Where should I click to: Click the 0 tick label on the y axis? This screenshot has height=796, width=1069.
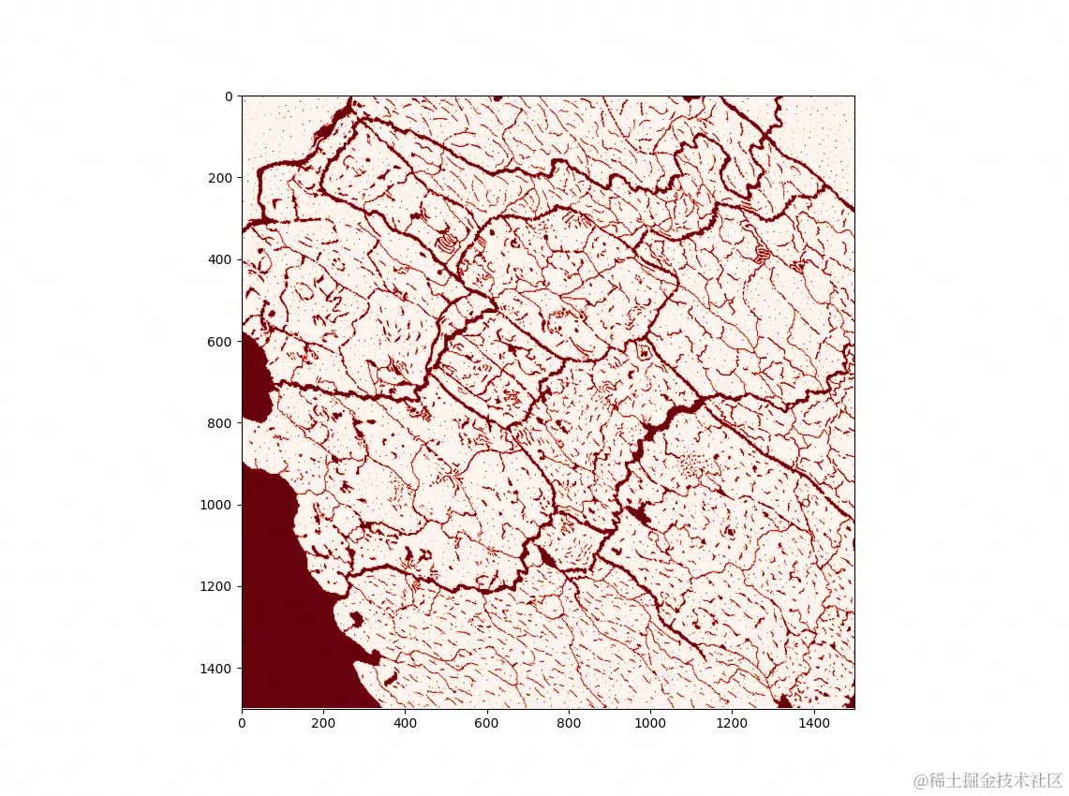point(228,96)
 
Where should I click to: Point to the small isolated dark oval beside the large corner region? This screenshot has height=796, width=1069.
point(356,619)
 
